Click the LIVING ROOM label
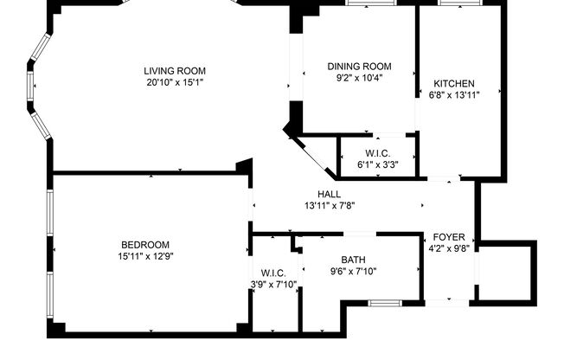click(x=175, y=71)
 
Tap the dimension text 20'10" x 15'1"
click(x=175, y=83)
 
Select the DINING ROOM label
click(x=359, y=66)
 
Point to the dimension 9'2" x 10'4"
click(x=359, y=77)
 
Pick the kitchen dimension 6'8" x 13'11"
click(x=453, y=94)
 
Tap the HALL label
click(x=329, y=194)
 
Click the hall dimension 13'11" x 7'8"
click(x=329, y=206)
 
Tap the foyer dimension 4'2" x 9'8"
click(x=449, y=248)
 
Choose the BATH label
click(x=352, y=260)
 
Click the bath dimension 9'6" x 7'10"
click(x=352, y=271)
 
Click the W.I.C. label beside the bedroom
click(x=273, y=273)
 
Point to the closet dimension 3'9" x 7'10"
click(x=273, y=285)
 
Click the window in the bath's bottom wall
click(x=381, y=302)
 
